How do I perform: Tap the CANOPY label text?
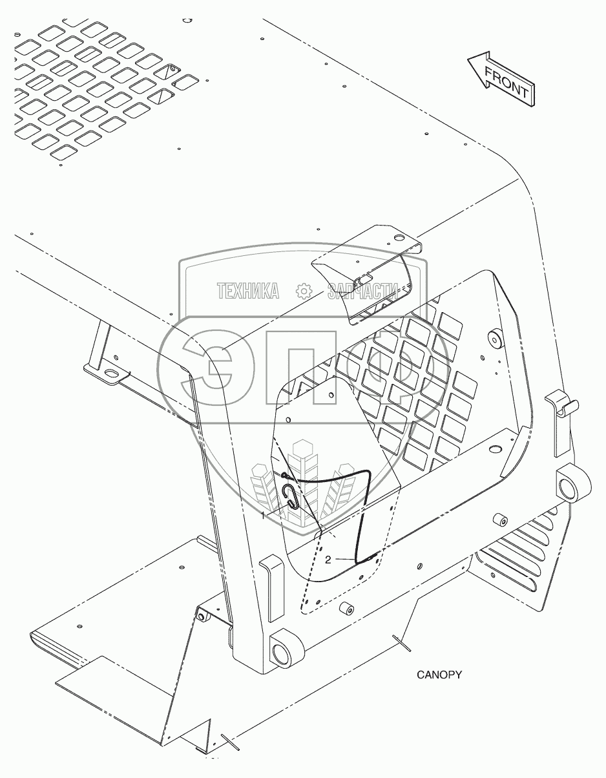click(439, 675)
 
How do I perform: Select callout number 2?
click(328, 560)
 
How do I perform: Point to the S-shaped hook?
click(291, 498)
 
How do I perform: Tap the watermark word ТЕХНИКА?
click(248, 291)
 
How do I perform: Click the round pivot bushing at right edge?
click(571, 481)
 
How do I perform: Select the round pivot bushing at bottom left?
click(282, 654)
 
